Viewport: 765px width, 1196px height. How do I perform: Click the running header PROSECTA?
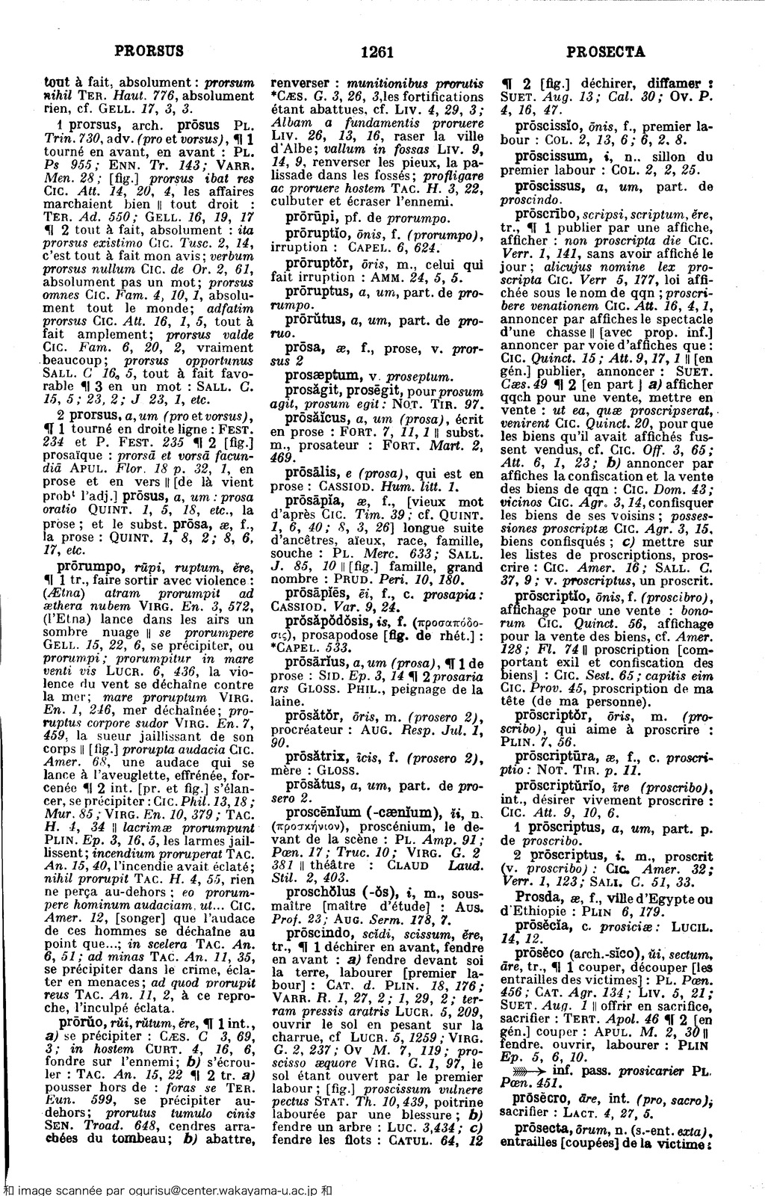[x=605, y=52]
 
